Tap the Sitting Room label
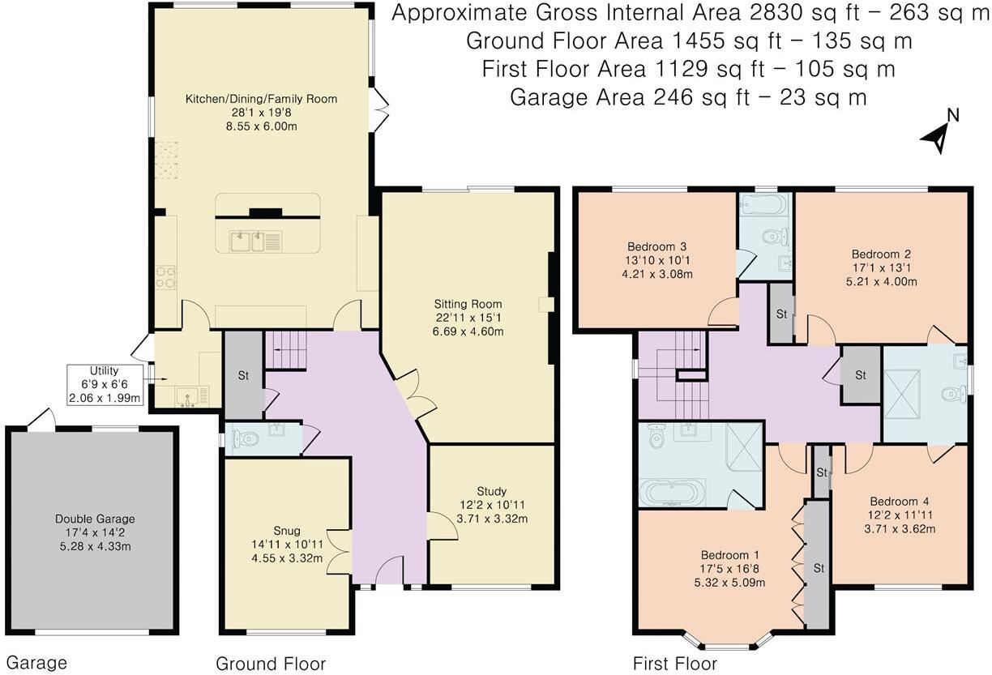[468, 305]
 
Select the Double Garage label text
[95, 519]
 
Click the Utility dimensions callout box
[105, 384]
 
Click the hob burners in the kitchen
[165, 277]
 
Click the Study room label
[492, 491]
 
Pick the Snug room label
[287, 531]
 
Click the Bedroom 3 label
[656, 246]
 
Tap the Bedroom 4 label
[900, 502]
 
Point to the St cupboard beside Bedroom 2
[781, 314]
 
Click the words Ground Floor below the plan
[271, 664]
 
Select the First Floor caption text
[675, 664]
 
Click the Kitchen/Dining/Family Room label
[261, 99]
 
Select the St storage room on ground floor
[244, 375]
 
